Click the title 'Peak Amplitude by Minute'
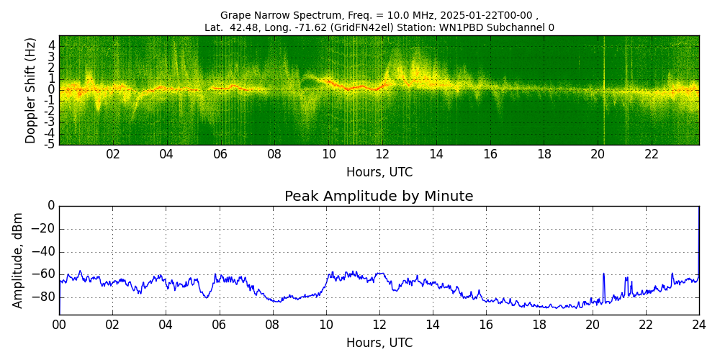pos(379,197)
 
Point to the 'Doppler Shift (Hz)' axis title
pos(31,91)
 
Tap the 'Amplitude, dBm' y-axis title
pos(18,260)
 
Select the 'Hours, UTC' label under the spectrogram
pos(379,173)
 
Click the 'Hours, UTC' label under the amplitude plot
pos(379,343)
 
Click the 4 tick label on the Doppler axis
pos(51,45)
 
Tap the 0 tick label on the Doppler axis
pos(51,90)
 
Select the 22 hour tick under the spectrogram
pos(652,155)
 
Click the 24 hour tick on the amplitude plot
pos(698,325)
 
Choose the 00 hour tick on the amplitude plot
pos(59,325)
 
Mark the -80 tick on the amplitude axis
pos(44,297)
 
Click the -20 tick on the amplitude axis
pos(44,229)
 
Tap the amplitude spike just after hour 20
pos(603,275)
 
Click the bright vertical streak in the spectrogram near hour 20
pos(603,90)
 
